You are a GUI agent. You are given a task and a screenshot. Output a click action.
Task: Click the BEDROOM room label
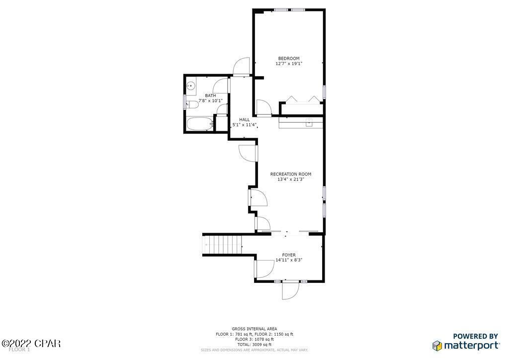click(x=289, y=58)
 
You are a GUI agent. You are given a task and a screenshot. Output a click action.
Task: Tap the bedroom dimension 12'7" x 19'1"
click(x=289, y=64)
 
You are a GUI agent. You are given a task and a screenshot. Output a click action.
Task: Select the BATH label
click(x=210, y=95)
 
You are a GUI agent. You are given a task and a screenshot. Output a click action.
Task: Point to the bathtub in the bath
click(x=200, y=124)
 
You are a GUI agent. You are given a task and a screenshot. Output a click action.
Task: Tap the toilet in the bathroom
click(x=189, y=104)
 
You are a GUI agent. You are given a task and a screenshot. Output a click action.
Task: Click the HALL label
click(x=245, y=119)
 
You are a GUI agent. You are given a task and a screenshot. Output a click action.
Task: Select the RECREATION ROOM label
click(x=291, y=174)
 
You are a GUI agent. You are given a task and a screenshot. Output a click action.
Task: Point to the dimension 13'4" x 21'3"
click(x=291, y=179)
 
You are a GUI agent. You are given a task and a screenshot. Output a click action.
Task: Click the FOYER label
click(x=289, y=255)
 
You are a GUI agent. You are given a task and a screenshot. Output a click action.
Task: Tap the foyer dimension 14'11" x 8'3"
click(x=289, y=260)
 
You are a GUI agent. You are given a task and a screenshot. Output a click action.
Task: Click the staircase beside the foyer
click(x=223, y=244)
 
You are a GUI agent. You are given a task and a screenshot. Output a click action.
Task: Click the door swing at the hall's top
click(x=241, y=66)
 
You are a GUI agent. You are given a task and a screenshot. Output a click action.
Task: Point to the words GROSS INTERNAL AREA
click(x=254, y=329)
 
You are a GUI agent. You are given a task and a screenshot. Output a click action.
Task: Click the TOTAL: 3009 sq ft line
click(x=254, y=344)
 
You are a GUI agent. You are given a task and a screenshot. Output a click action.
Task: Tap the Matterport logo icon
click(x=437, y=345)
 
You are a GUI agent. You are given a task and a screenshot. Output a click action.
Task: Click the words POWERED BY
click(x=476, y=336)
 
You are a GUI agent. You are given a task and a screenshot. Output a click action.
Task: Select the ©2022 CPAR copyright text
click(x=31, y=343)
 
